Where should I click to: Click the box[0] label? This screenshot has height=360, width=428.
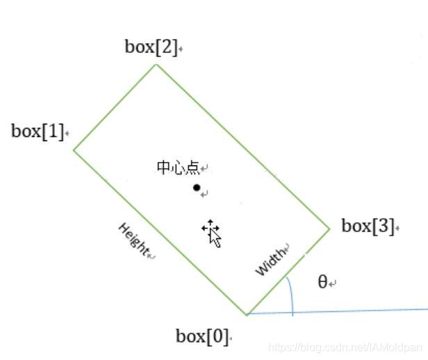tap(201, 337)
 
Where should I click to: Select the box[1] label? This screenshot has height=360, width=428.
tap(38, 131)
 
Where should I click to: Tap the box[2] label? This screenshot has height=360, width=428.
tap(151, 47)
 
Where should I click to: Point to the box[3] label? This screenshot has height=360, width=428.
tap(368, 226)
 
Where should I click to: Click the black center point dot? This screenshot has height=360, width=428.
tap(197, 188)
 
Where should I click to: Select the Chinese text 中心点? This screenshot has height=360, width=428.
tap(178, 167)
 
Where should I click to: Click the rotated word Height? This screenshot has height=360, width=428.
tap(134, 239)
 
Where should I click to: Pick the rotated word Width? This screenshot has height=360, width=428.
tap(272, 261)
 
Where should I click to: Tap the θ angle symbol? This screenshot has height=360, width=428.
tap(322, 281)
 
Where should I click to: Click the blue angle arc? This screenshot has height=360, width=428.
tap(291, 295)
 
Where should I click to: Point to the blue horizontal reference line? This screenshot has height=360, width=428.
tap(361, 311)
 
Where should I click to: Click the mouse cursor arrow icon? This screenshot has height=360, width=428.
tap(213, 234)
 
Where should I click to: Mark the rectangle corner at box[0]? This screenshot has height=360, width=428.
tap(247, 315)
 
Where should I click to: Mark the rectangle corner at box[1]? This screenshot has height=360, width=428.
tap(74, 149)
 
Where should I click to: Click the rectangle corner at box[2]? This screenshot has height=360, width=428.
tap(156, 64)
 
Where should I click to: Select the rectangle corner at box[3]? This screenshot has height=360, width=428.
tap(329, 228)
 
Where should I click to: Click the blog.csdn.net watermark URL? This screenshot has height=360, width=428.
tap(344, 347)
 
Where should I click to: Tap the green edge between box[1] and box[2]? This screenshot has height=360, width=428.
tap(115, 106)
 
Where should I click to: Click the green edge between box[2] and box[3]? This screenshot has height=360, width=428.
tap(242, 146)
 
